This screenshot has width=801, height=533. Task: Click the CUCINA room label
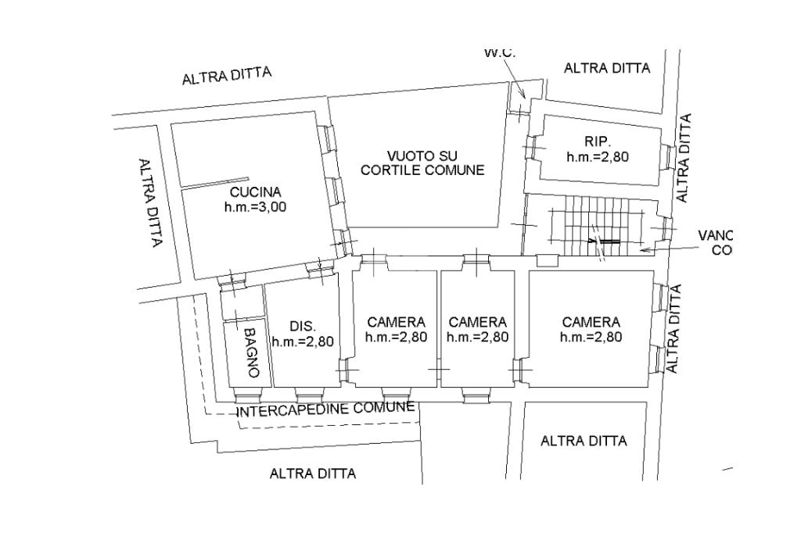(x=256, y=191)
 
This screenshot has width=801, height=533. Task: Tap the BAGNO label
(x=250, y=352)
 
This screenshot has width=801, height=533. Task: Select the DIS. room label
(x=303, y=326)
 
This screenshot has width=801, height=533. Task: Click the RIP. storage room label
(x=598, y=141)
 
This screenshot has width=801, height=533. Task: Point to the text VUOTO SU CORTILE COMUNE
(x=422, y=163)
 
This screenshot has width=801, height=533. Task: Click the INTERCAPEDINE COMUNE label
(x=325, y=410)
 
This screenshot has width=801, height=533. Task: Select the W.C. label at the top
(x=500, y=53)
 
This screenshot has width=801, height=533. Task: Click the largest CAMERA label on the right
(x=591, y=322)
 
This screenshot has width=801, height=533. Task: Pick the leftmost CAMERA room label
(x=396, y=322)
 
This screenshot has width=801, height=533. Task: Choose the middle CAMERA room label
(x=477, y=322)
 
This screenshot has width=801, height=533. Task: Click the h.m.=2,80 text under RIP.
(x=598, y=156)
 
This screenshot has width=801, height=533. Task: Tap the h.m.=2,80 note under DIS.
(x=303, y=341)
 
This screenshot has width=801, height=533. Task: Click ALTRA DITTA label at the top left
(x=227, y=77)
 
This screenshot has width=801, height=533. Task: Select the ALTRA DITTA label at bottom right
(x=584, y=441)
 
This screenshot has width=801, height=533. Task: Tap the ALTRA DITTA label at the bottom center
(x=313, y=474)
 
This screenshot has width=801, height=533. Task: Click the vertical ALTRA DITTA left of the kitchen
(x=149, y=203)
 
